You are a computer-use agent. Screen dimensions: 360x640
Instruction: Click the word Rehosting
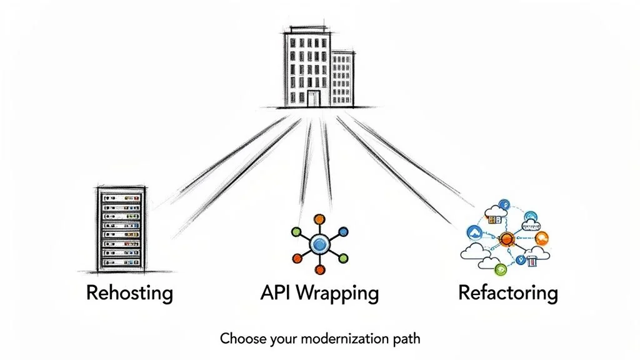(x=129, y=292)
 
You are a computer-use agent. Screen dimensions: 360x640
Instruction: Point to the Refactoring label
(x=507, y=292)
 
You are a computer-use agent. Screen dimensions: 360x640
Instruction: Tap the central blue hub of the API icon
(x=320, y=244)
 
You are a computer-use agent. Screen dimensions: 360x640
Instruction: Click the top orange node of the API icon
(x=320, y=219)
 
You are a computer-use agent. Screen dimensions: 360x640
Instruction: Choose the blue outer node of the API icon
(x=342, y=232)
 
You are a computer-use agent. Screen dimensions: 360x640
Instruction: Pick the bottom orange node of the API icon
(x=320, y=269)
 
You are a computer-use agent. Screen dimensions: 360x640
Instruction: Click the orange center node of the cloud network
(x=506, y=238)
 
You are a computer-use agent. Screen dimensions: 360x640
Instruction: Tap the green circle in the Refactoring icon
(x=500, y=269)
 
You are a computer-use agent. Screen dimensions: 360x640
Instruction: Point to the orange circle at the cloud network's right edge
(x=542, y=237)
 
